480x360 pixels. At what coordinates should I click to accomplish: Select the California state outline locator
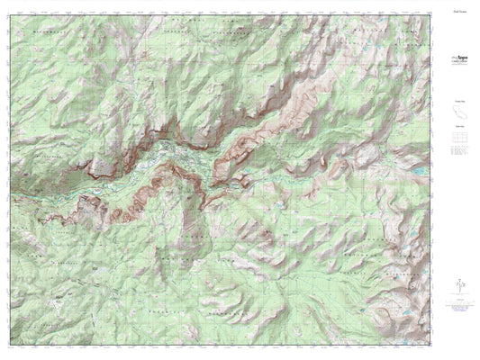coord(457,112)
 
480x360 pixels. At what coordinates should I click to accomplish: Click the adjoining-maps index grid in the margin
coord(457,139)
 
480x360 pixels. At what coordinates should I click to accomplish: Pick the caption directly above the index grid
coord(457,129)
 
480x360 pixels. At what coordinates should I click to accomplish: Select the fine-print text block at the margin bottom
coord(457,310)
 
